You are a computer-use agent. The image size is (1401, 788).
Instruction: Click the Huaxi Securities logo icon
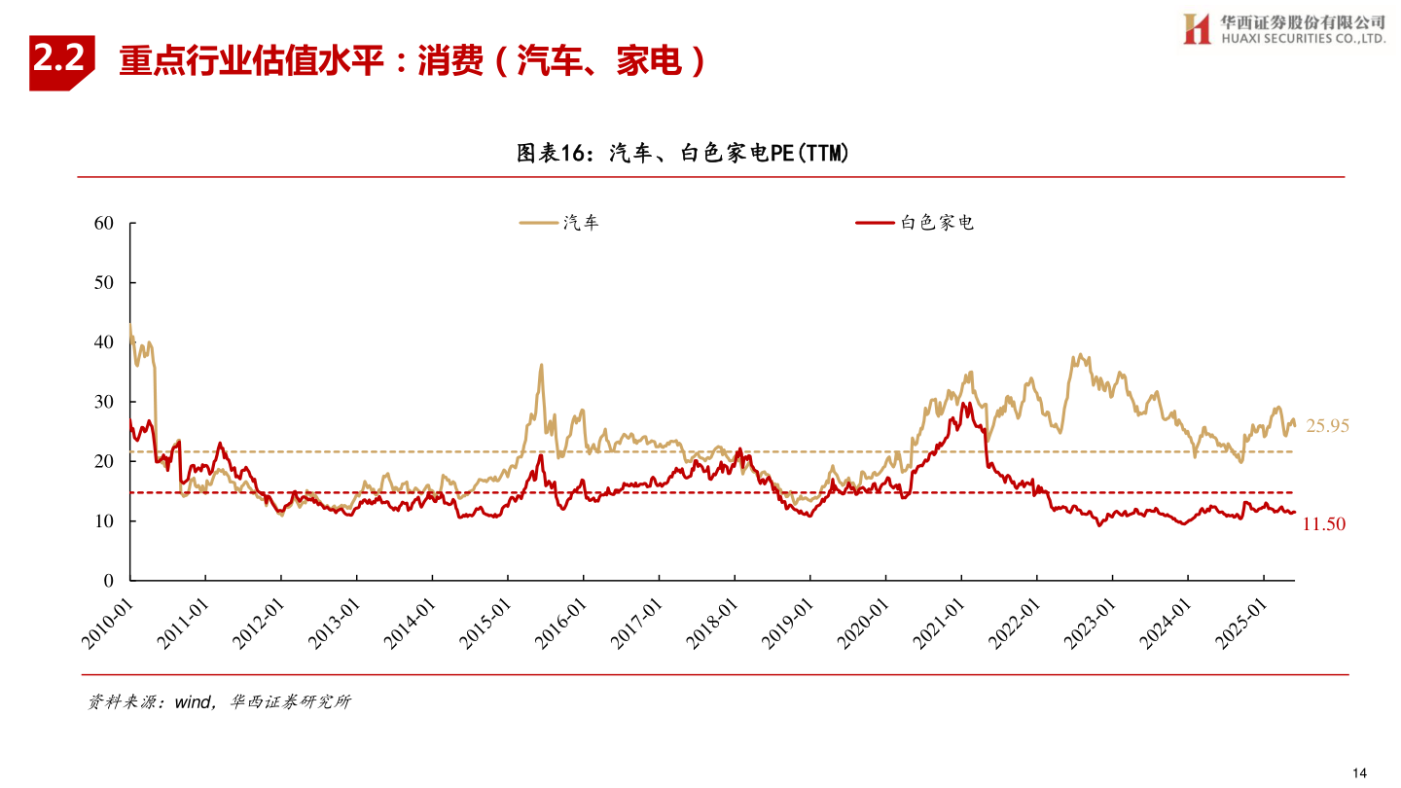click(x=1196, y=29)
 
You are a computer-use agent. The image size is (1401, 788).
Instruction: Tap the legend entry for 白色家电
click(x=915, y=223)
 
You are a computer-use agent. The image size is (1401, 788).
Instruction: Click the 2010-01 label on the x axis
click(x=107, y=623)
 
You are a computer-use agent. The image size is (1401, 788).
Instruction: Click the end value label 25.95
click(x=1327, y=426)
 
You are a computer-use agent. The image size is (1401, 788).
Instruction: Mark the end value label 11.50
click(x=1323, y=524)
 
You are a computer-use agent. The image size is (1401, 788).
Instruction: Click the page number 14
click(x=1359, y=772)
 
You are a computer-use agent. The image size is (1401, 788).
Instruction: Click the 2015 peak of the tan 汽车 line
click(x=541, y=366)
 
